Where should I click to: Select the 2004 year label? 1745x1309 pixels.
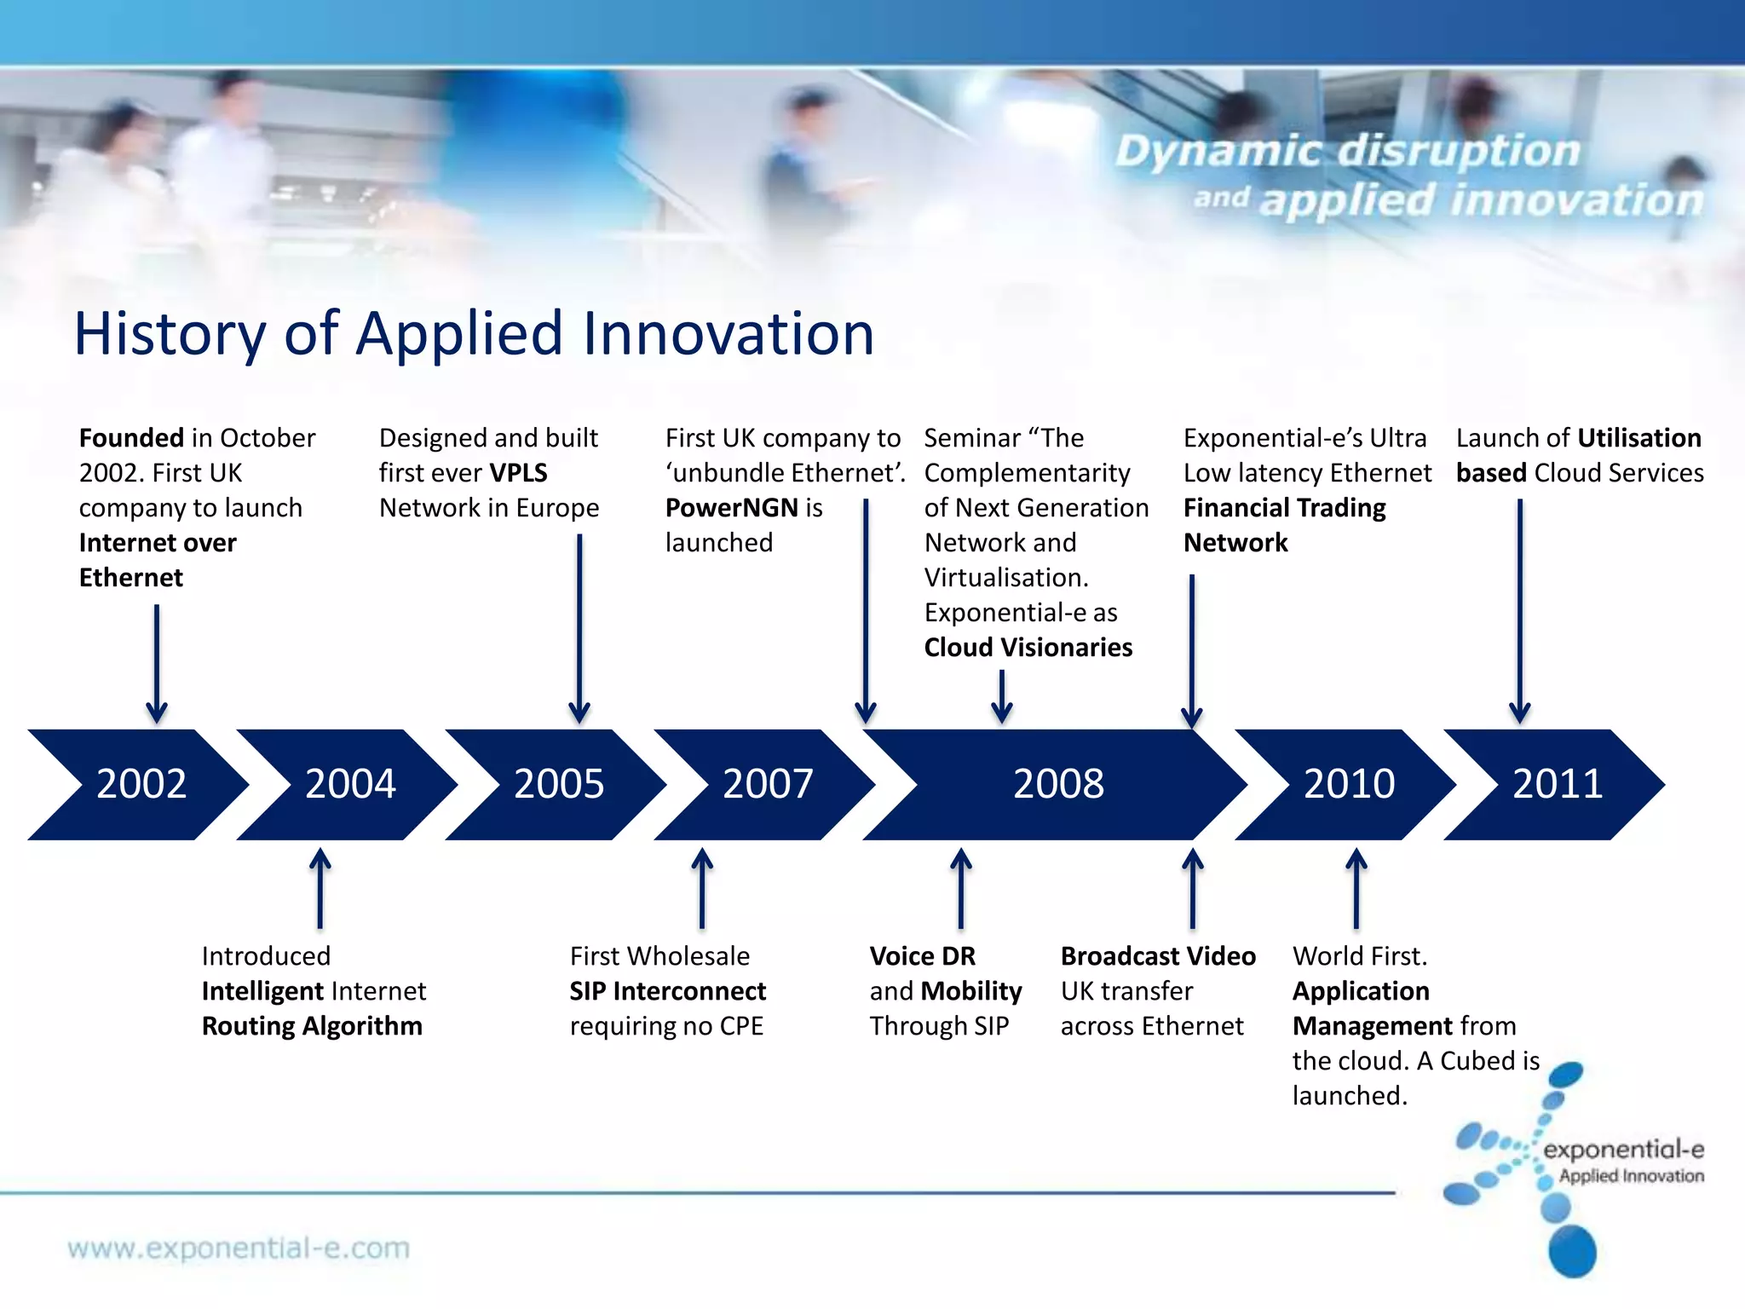point(350,784)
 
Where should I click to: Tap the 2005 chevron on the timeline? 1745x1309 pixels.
point(559,784)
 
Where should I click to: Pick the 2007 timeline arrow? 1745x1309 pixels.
point(768,784)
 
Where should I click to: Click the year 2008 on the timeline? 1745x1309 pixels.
point(1058,784)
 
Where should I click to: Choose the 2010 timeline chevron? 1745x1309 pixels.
point(1349,784)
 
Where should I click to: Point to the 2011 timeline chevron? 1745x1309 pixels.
point(1558,784)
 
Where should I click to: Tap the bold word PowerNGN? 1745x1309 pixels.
point(731,508)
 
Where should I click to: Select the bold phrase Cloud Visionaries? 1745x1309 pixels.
point(1028,648)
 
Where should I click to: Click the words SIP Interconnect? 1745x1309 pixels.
point(668,991)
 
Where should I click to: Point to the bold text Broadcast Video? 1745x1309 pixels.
point(1158,956)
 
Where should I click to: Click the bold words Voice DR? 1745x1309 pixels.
point(922,956)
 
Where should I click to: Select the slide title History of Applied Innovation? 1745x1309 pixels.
point(474,333)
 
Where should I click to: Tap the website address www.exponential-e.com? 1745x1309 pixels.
point(239,1248)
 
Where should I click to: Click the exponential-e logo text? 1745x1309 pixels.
point(1622,1150)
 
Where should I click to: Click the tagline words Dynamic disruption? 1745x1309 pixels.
point(1348,151)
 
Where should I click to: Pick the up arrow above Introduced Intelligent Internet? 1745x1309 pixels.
point(320,887)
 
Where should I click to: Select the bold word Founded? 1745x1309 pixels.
point(131,438)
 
